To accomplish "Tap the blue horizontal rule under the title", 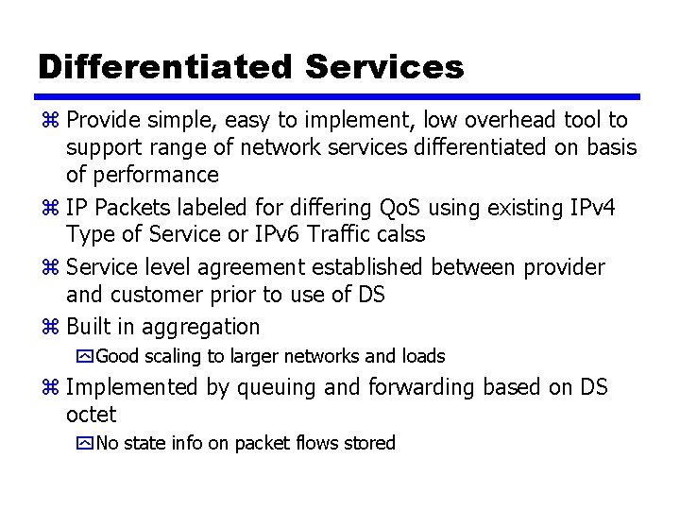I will point(340,96).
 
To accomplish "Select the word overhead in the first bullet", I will point(494,120).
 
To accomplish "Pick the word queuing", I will point(277,387).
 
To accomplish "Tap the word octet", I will point(92,414).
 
